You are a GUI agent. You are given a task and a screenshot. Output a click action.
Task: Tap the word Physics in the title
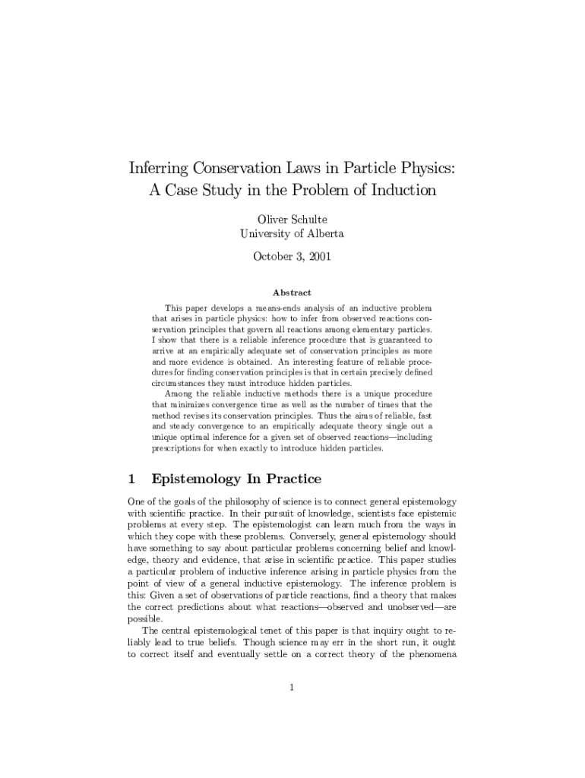point(425,167)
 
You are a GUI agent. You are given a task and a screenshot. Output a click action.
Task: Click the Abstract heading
point(292,293)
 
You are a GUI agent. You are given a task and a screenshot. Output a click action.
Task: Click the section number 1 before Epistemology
point(131,479)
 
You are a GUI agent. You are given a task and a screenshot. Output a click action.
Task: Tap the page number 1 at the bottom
point(292,688)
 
